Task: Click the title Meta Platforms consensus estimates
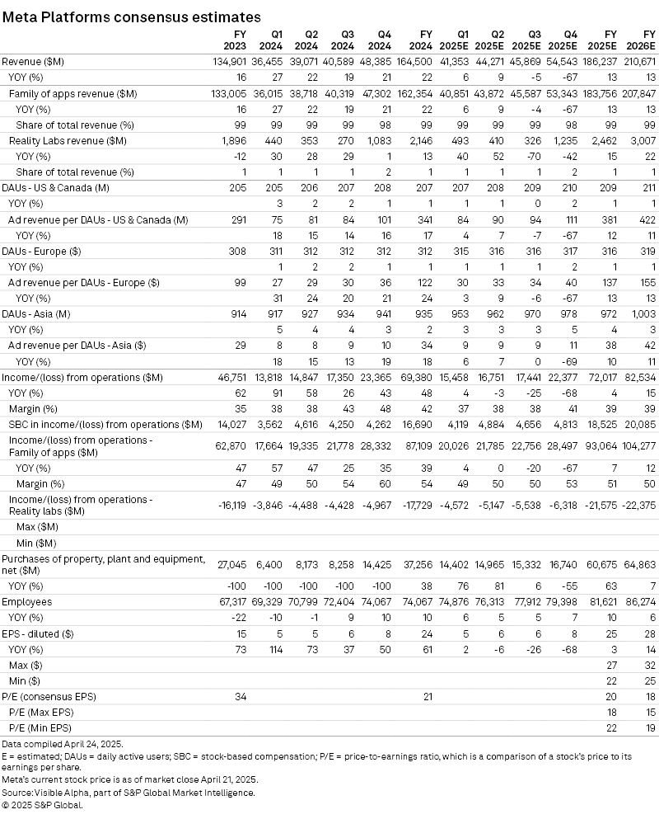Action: point(132,16)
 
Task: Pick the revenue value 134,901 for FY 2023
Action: point(229,62)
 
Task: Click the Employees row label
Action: point(27,602)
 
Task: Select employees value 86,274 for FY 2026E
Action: point(638,602)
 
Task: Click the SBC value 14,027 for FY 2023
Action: point(231,425)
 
